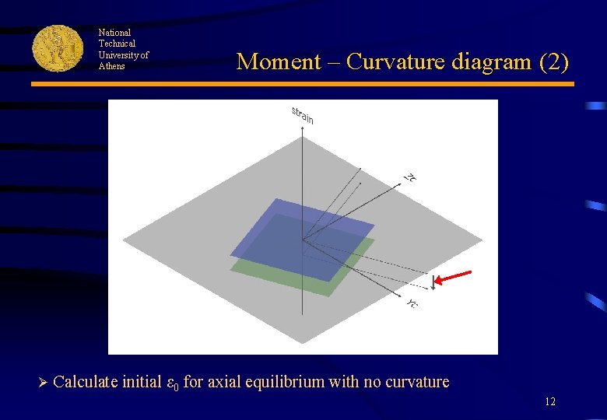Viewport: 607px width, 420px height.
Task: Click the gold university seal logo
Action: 58,48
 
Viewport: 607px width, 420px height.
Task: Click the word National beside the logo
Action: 114,33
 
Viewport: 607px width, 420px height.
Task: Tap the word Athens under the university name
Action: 111,66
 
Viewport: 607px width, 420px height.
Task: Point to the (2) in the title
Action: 556,61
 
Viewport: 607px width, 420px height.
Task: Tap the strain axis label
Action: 303,115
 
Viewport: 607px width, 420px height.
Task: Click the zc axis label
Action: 410,177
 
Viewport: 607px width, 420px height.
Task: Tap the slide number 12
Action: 550,402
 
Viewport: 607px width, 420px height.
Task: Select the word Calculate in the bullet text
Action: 86,382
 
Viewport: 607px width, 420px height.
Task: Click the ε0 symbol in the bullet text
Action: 172,383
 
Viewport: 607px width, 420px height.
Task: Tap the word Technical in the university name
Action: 117,44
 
